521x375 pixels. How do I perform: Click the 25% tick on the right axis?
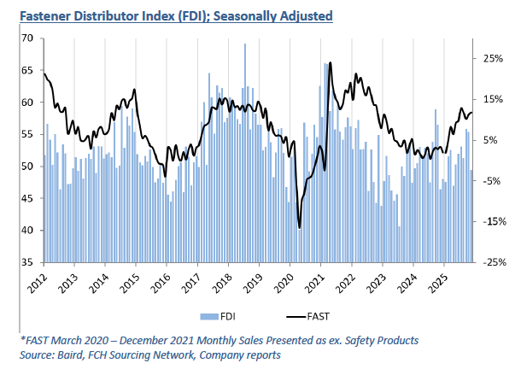[x=494, y=59]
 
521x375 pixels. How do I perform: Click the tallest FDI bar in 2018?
[x=245, y=44]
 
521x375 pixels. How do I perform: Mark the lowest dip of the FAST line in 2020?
[x=299, y=227]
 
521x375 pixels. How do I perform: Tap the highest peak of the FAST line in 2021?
[x=330, y=63]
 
